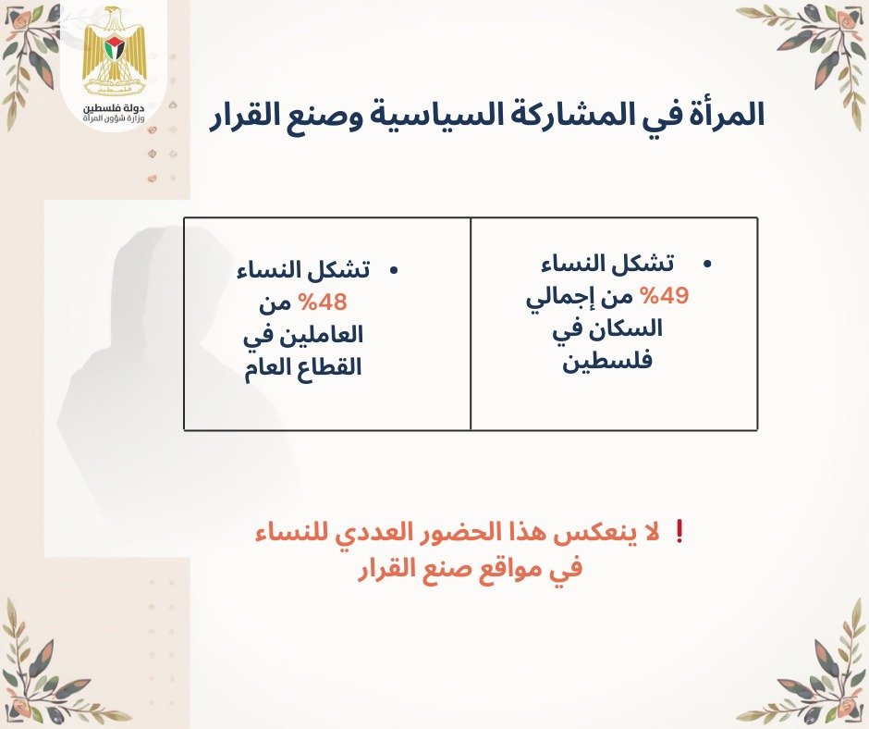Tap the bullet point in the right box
pyautogui.click(x=708, y=266)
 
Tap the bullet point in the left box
pyautogui.click(x=393, y=270)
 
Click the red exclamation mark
pyautogui.click(x=680, y=533)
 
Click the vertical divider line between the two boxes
pyautogui.click(x=471, y=324)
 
